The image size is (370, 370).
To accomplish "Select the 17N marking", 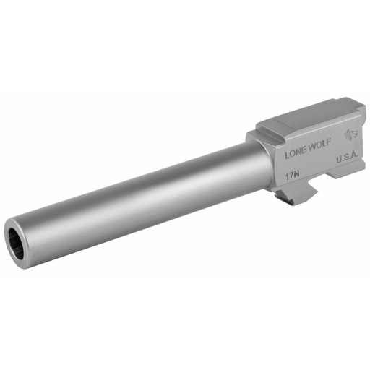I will [293, 174].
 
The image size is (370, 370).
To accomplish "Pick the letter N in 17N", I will [298, 173].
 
